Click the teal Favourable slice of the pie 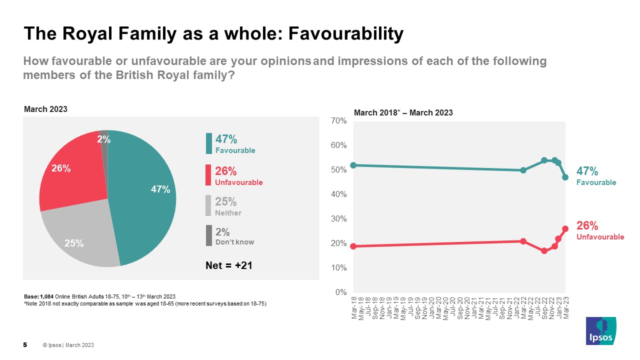(x=145, y=200)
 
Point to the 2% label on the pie (x=103, y=140)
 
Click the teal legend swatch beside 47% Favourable (x=208, y=143)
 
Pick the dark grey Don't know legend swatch (x=208, y=235)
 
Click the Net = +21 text (x=229, y=265)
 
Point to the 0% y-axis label (x=340, y=292)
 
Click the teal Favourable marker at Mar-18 (x=354, y=165)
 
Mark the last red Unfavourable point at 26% (x=565, y=228)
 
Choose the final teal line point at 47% (x=565, y=177)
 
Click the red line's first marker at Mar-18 (x=354, y=246)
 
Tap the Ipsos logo (x=601, y=330)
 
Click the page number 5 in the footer (x=25, y=345)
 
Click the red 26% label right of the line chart (x=587, y=226)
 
